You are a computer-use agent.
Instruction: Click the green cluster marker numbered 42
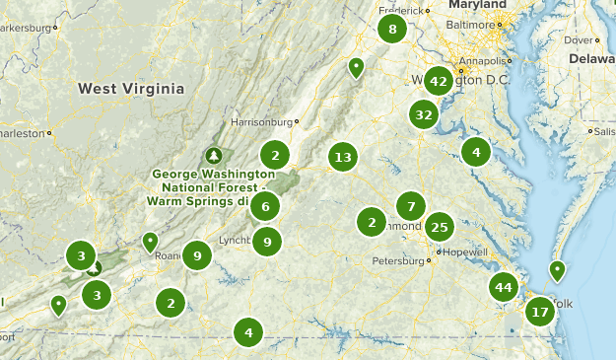439,81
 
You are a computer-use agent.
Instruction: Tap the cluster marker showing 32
424,114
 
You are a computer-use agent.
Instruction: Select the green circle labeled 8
392,29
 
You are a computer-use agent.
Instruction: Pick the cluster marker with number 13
342,157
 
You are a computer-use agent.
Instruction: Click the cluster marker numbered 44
504,287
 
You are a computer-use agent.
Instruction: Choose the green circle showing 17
539,313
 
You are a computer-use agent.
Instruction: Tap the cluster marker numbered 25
440,228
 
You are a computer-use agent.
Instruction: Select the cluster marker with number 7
410,206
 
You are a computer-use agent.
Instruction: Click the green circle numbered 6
264,206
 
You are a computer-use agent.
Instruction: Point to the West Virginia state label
131,89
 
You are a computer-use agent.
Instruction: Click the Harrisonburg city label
261,122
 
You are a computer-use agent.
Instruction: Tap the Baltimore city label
473,24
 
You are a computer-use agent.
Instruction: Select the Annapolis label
480,60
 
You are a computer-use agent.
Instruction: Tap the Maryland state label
478,5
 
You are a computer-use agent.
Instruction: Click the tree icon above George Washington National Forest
213,156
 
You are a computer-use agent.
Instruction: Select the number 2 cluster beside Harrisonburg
275,154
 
